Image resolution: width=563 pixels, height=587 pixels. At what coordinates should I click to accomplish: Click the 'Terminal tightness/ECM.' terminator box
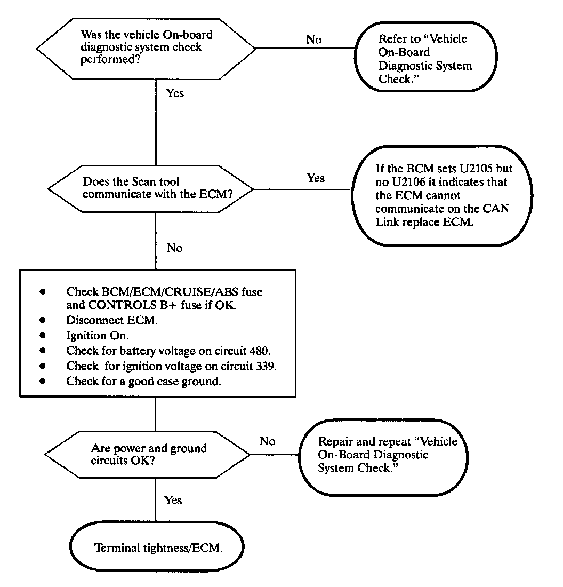point(157,548)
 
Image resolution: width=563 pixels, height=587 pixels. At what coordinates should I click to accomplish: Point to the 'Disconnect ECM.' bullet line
point(112,320)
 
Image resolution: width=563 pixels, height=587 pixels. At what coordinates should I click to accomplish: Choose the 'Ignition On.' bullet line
point(98,336)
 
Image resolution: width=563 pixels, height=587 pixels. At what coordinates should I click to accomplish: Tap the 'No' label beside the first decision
point(313,39)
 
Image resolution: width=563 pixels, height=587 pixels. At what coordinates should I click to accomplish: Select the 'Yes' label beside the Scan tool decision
point(316,178)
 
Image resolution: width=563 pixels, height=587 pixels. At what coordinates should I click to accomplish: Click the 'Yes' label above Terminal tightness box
point(173,500)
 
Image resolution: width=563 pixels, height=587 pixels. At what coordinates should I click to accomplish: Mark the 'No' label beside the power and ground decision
point(267,441)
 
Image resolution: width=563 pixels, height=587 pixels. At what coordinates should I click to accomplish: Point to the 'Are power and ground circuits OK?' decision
point(148,454)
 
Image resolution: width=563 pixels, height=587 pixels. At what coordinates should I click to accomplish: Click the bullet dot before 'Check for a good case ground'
point(42,381)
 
